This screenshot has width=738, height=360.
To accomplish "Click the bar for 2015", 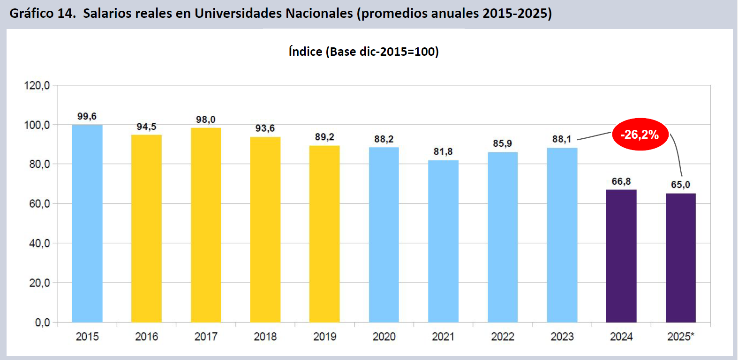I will click(x=87, y=224).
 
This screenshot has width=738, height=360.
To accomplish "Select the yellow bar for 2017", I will click(x=206, y=225).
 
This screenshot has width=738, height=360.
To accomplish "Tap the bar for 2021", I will click(x=443, y=241).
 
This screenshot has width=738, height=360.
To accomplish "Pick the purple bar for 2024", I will click(x=621, y=256).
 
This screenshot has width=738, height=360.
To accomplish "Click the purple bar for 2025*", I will click(x=680, y=258).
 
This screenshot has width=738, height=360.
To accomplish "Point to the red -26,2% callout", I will click(x=640, y=135).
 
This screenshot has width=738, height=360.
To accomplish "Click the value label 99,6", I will click(x=87, y=116).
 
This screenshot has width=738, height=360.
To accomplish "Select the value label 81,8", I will click(x=443, y=151).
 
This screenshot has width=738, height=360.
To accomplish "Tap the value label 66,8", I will click(x=621, y=181).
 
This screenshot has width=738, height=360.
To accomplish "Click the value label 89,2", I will click(x=324, y=137).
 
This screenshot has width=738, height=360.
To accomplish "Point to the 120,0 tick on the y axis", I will click(x=37, y=85).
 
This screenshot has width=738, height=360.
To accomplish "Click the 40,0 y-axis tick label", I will click(x=39, y=243).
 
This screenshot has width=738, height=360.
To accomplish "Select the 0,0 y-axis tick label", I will click(x=42, y=322).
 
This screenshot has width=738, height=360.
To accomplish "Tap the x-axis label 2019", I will click(x=324, y=337).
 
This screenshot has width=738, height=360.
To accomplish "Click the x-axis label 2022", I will click(x=503, y=337).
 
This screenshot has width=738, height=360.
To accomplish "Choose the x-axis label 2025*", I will click(x=680, y=337).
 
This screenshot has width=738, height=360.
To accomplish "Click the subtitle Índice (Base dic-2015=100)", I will click(x=364, y=52).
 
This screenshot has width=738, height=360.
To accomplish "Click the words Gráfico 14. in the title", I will click(x=43, y=13).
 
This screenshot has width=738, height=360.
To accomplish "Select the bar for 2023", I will click(x=562, y=235).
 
